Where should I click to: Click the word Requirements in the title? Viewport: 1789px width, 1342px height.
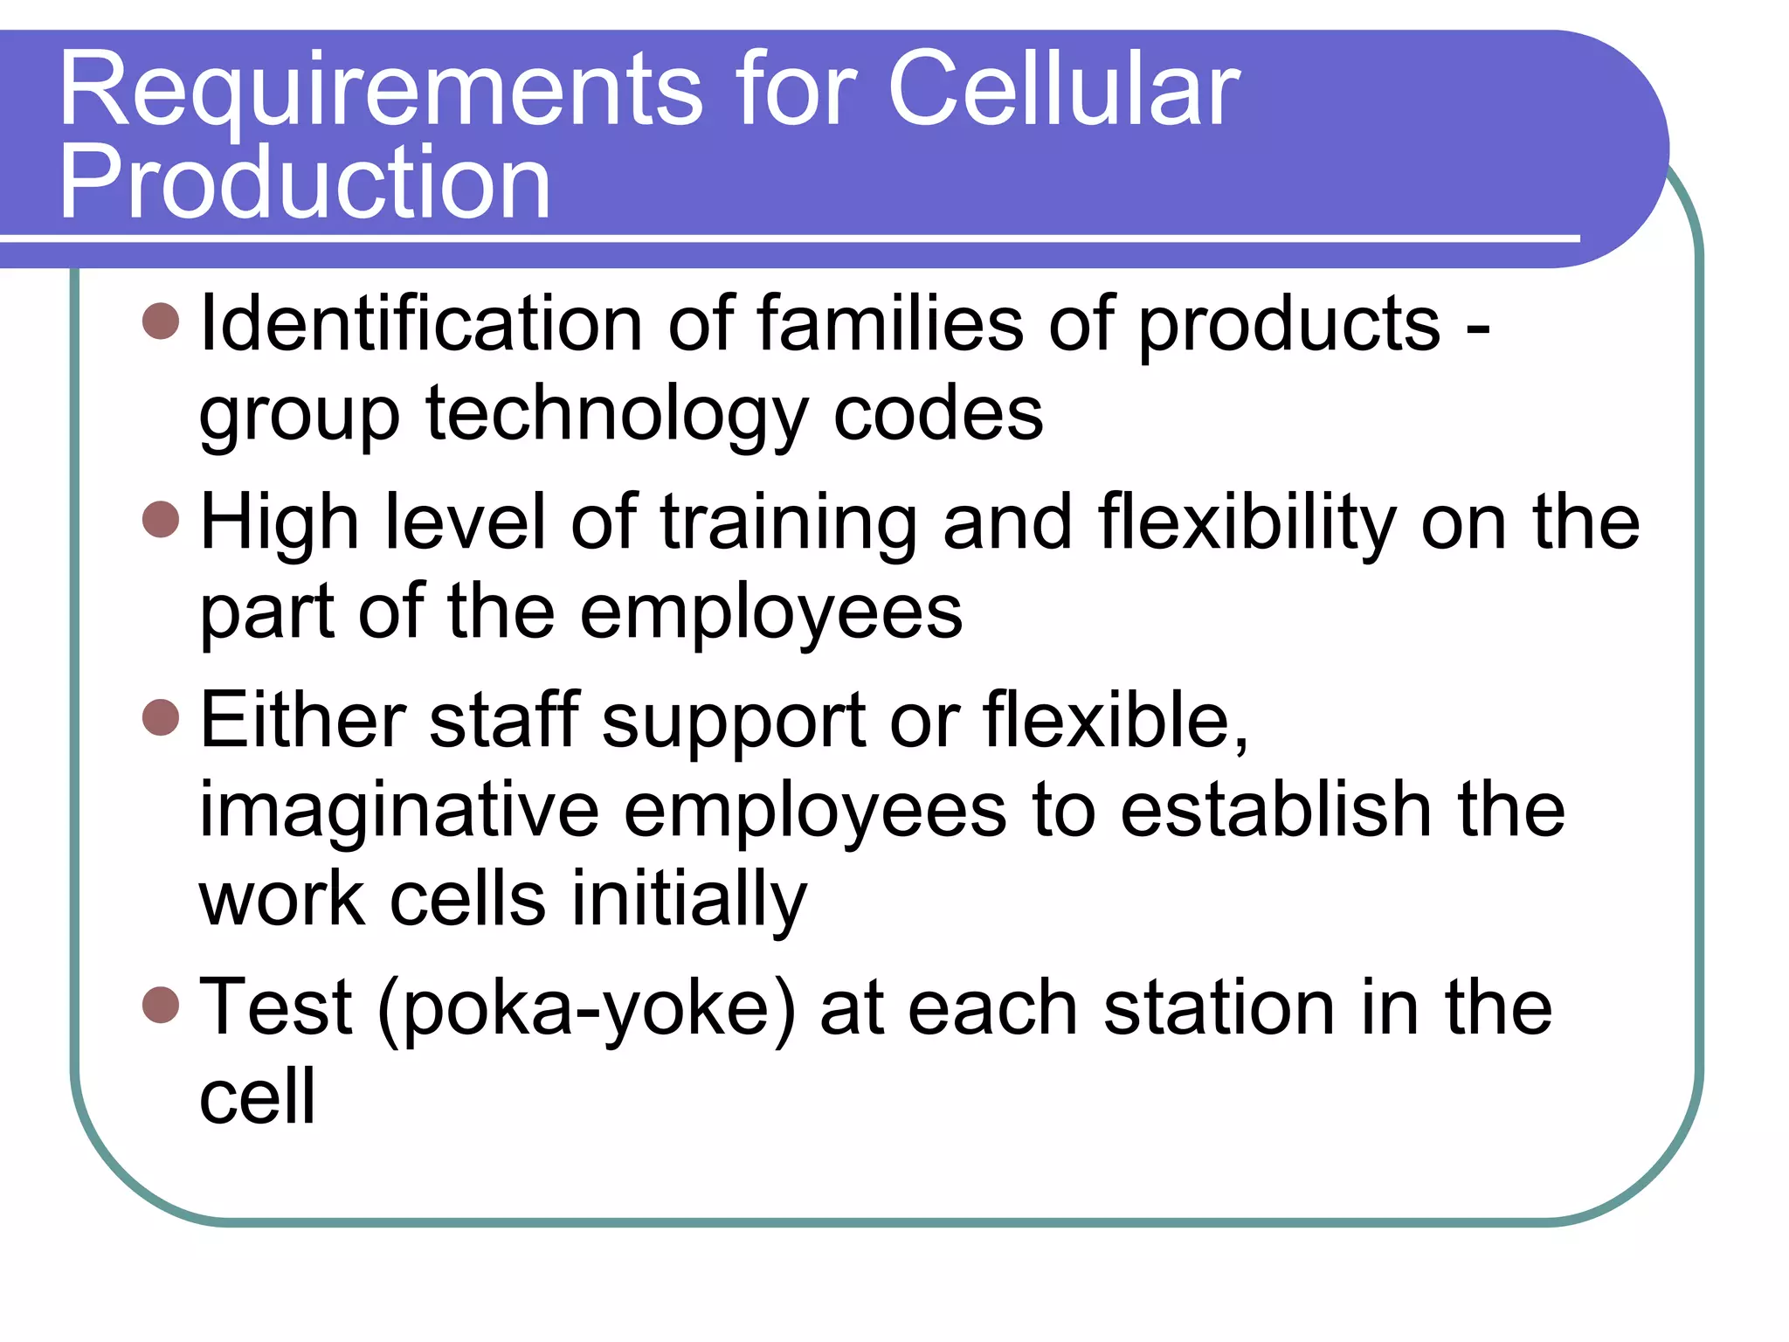click(x=380, y=90)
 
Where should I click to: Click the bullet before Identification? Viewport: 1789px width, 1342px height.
click(x=161, y=321)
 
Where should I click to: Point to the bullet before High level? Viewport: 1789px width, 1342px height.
click(x=161, y=519)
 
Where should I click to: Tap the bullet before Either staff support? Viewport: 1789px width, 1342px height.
click(x=161, y=717)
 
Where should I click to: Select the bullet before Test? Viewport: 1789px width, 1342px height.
click(x=161, y=1004)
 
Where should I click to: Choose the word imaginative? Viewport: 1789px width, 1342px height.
click(x=399, y=811)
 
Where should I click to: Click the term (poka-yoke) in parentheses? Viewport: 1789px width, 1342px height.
click(x=586, y=1009)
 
